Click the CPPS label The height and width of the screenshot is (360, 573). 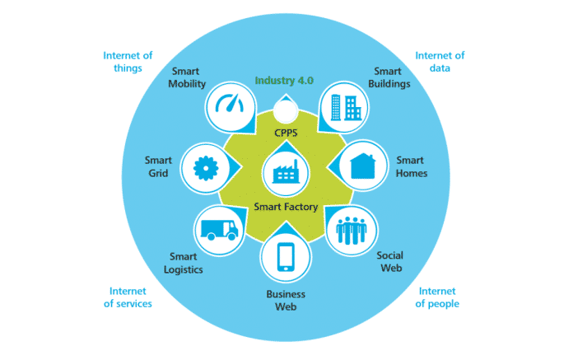coord(286,133)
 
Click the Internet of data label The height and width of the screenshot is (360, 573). coord(440,62)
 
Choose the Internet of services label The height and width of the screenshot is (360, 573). coord(130,297)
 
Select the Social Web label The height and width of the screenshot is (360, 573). coord(389,262)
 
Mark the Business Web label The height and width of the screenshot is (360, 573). coord(286,300)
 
